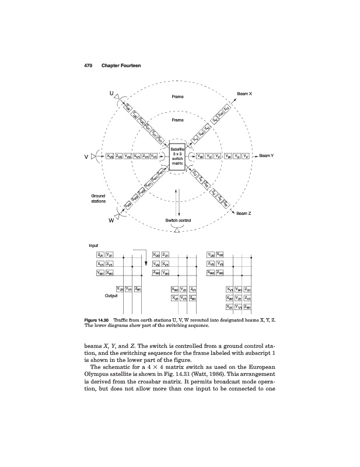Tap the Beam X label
tap(244, 94)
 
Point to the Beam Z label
tap(244, 213)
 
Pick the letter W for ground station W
tap(110, 221)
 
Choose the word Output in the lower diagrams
tap(111, 295)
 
